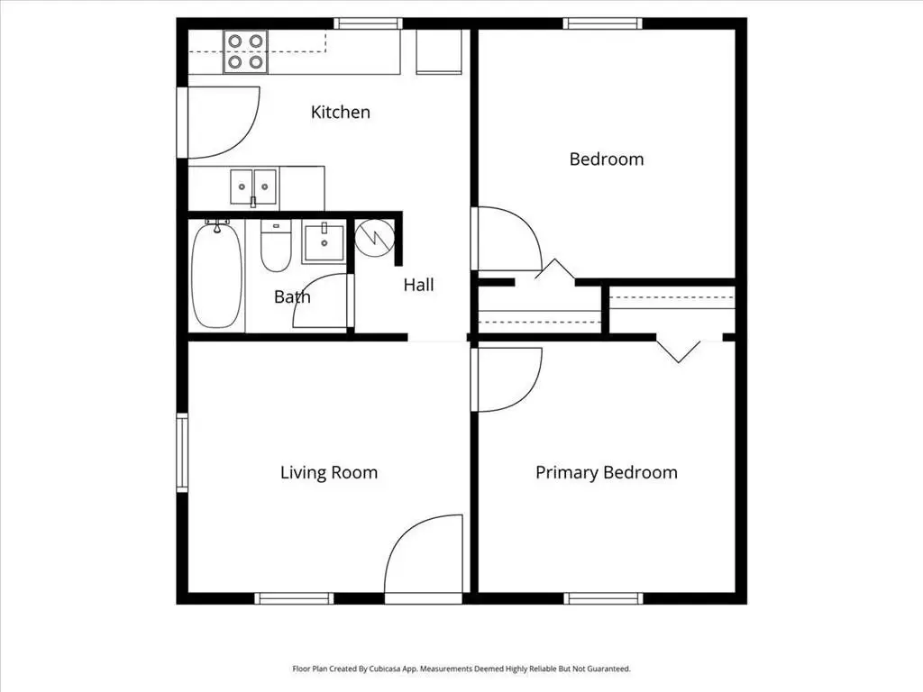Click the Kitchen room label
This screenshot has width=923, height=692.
click(x=340, y=112)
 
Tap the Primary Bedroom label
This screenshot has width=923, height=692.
click(x=607, y=472)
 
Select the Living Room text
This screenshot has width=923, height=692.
click(x=328, y=472)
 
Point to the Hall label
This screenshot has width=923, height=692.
click(x=418, y=285)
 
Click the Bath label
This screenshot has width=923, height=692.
click(x=292, y=296)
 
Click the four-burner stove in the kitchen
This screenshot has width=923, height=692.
click(x=245, y=51)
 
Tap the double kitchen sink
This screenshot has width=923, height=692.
click(x=253, y=187)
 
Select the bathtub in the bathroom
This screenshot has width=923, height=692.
click(x=216, y=274)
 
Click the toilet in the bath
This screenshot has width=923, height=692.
click(x=276, y=246)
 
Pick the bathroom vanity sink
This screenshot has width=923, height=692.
click(x=324, y=241)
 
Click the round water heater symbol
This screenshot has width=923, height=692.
click(x=374, y=238)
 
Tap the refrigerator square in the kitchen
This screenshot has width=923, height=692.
click(x=439, y=51)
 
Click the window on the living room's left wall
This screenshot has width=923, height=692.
click(x=182, y=452)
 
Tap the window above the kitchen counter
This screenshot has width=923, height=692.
click(x=369, y=23)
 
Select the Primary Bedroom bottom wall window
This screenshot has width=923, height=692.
click(x=603, y=598)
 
